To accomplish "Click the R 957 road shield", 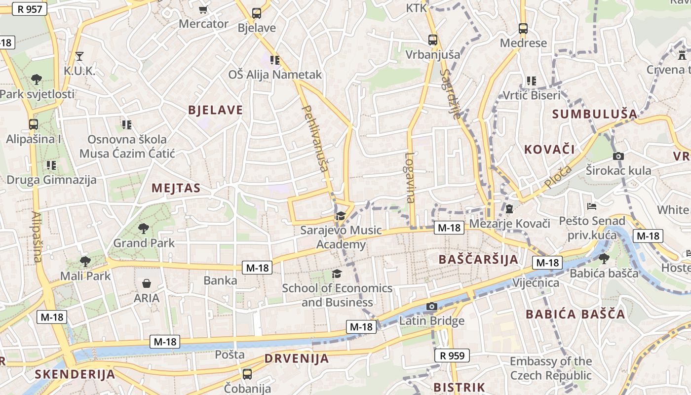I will point(30,8).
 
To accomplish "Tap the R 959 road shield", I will point(452,355).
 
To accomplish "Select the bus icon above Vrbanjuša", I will point(433,40).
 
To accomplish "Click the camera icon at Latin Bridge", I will point(432,307).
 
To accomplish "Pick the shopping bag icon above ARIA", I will point(147,283).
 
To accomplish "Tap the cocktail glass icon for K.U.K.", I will point(79,56).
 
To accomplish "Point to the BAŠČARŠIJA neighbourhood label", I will point(478,259).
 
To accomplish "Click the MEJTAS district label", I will point(176,188).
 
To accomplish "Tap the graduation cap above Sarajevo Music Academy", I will point(341,216).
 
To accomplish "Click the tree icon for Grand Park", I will point(144,228).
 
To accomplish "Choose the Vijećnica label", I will point(536,283).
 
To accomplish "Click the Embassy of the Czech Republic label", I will point(550,368).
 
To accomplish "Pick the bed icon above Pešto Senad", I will point(592,206).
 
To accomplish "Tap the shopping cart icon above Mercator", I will point(203,9).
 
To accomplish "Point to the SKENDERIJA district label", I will point(75,374).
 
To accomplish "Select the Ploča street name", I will point(558,177).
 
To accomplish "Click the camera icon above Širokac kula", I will point(618,157).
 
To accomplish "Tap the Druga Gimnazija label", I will point(51,179).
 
